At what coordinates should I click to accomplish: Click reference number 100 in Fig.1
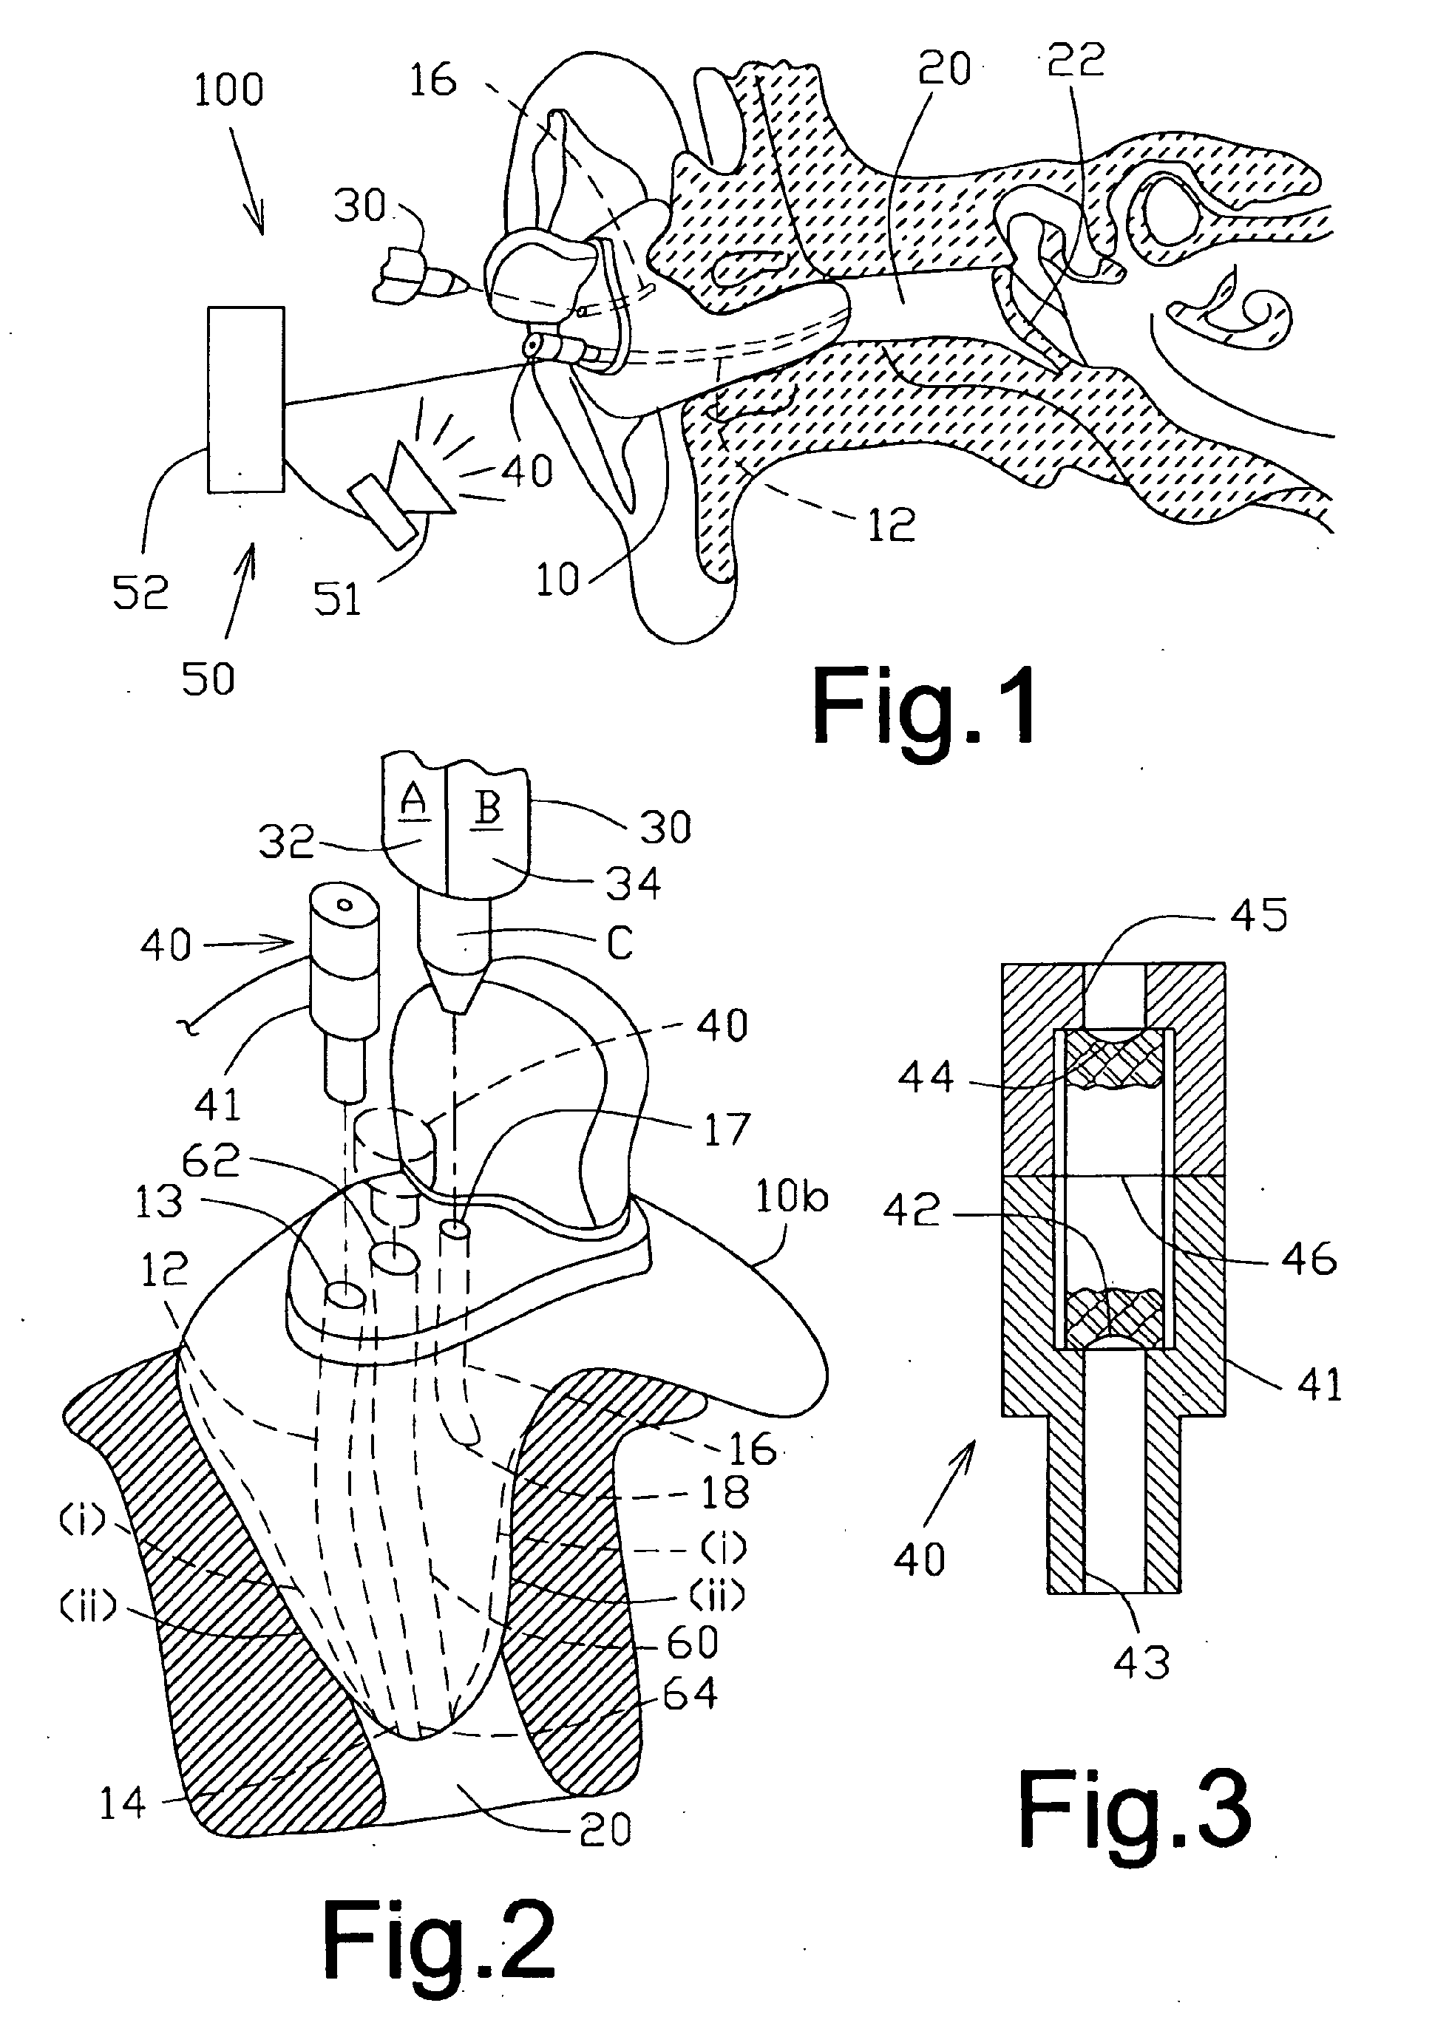click(x=228, y=90)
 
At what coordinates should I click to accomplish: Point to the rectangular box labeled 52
click(x=246, y=400)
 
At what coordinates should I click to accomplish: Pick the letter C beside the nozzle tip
click(x=620, y=944)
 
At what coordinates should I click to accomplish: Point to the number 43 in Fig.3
click(x=1142, y=1663)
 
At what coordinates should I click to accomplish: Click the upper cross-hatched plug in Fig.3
click(x=1114, y=1060)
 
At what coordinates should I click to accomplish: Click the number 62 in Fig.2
click(x=211, y=1160)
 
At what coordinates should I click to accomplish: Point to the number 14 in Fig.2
click(x=122, y=1803)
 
